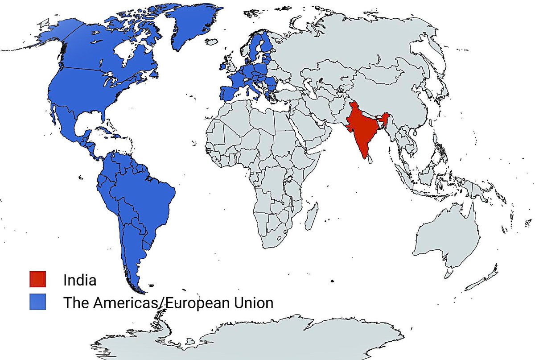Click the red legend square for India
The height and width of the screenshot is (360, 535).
[x=37, y=280]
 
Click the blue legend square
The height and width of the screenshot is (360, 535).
[x=37, y=302]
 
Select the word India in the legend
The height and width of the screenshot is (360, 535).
[x=80, y=281]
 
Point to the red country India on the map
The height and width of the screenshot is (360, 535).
[x=363, y=129]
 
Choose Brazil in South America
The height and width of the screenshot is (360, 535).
[x=143, y=192]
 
